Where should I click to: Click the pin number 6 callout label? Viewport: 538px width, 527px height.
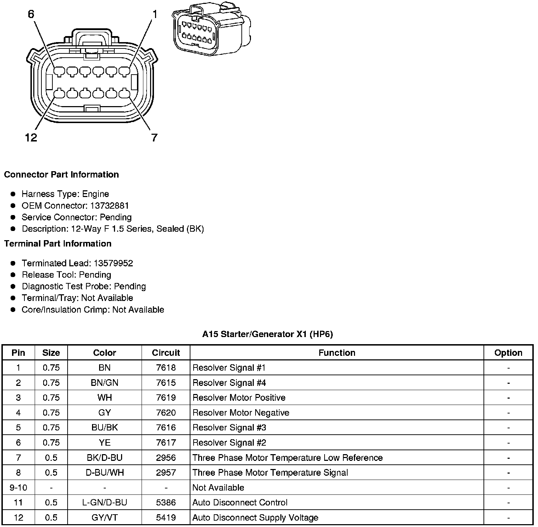31,14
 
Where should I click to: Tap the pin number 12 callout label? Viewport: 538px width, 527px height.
31,137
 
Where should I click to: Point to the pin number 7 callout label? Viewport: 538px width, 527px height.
154,137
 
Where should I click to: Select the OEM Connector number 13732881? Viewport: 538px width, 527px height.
109,205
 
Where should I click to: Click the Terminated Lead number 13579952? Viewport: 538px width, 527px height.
113,263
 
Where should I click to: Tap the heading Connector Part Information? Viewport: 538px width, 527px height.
61,174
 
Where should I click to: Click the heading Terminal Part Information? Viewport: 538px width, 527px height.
58,244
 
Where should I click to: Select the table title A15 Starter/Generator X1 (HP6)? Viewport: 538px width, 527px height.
268,334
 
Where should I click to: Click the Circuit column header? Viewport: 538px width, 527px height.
166,353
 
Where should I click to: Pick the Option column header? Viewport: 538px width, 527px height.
508,353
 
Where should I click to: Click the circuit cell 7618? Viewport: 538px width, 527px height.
166,368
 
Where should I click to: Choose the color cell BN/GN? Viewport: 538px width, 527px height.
104,383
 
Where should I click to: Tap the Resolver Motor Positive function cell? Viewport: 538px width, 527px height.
239,398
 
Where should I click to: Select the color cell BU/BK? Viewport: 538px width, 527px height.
104,428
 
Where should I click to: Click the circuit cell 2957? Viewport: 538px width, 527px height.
166,473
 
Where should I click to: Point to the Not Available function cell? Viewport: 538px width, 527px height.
218,488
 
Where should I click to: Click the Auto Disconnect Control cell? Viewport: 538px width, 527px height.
240,503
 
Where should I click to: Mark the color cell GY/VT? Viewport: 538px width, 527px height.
104,518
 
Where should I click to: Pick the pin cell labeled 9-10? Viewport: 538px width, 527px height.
18,488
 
